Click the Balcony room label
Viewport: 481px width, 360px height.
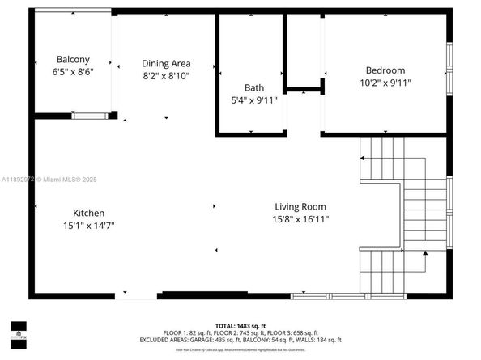[x=73, y=59]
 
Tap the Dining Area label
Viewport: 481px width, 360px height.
[x=166, y=64]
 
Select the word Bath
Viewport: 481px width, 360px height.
[x=254, y=87]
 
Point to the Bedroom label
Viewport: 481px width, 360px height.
[x=385, y=70]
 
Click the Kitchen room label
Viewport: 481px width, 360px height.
[x=88, y=213]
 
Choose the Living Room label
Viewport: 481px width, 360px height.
[x=301, y=206]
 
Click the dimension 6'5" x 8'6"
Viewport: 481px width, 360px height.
[x=73, y=71]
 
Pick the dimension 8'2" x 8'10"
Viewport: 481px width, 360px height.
[x=166, y=76]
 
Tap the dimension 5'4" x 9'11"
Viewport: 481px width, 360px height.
[x=254, y=100]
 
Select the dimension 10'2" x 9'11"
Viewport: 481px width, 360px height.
[x=385, y=83]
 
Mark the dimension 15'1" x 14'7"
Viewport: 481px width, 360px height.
[x=88, y=226]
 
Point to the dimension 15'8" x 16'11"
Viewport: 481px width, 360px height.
[x=301, y=218]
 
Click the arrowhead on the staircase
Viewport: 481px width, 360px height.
[x=426, y=256]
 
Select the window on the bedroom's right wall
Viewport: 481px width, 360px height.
[x=449, y=71]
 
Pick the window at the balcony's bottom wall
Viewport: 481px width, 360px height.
[x=91, y=116]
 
